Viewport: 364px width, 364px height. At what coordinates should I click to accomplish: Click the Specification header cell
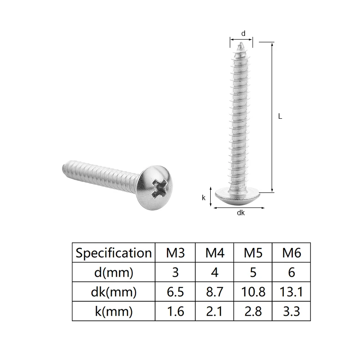coord(113,253)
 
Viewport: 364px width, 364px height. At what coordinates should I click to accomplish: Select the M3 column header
coord(175,253)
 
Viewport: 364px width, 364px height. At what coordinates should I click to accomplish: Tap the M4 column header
coord(215,253)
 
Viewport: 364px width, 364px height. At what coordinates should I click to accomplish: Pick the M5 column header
coord(253,253)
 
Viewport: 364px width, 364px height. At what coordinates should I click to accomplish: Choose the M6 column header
coord(292,253)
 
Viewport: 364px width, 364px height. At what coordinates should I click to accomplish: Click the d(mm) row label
coord(113,272)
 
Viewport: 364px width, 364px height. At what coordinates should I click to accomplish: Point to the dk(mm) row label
coord(113,292)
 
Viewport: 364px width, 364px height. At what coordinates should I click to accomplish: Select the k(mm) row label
coord(113,312)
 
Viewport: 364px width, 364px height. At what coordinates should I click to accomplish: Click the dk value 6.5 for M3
coord(175,292)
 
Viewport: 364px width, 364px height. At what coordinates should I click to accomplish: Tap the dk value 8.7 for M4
coord(215,292)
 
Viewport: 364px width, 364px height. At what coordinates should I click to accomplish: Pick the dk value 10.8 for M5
coord(253,292)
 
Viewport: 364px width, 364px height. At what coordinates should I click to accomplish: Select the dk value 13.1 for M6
coord(292,292)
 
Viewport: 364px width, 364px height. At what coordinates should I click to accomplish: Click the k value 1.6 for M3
coord(175,312)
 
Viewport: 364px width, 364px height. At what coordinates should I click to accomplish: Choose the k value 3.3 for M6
coord(292,312)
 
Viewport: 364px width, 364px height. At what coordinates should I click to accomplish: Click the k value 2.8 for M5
coord(253,312)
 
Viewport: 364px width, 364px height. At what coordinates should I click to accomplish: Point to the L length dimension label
coord(280,116)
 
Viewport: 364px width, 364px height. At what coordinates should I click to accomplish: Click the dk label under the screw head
coord(241,213)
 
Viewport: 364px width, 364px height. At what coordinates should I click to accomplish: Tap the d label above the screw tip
coord(243,33)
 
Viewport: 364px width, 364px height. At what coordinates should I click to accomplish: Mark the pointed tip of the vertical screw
coord(240,44)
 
